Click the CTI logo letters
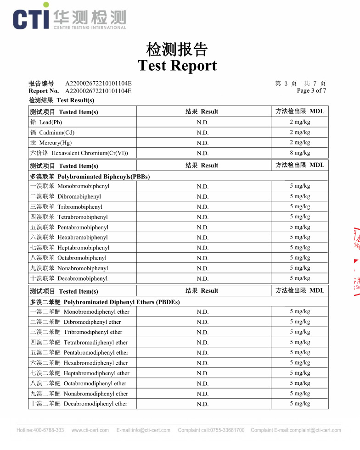[31, 18]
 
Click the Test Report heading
[177, 66]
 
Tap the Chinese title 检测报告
[177, 49]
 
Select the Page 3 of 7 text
[311, 90]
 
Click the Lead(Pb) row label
[46, 122]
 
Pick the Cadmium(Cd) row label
[52, 133]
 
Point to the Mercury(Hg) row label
[51, 143]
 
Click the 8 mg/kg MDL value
[300, 153]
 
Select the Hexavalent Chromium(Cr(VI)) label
[79, 153]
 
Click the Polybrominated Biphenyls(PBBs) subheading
[90, 176]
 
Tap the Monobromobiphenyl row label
[70, 186]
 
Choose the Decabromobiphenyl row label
[69, 278]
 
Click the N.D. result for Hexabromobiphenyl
[202, 238]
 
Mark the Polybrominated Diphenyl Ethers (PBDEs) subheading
[105, 302]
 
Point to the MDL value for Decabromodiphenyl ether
[300, 403]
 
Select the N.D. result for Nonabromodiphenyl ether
[202, 394]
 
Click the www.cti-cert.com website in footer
[90, 430]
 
